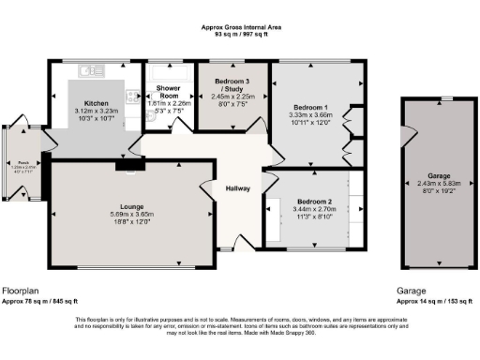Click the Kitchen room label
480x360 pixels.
[x=97, y=103]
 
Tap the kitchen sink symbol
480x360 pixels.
[x=91, y=69]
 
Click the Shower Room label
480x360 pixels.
[x=169, y=93]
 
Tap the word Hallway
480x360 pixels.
[x=238, y=188]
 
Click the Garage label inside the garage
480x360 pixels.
[x=427, y=175]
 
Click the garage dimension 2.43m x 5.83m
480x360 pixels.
[x=427, y=183]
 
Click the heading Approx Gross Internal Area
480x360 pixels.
[x=239, y=28]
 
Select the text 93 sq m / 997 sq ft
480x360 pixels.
[x=239, y=36]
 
